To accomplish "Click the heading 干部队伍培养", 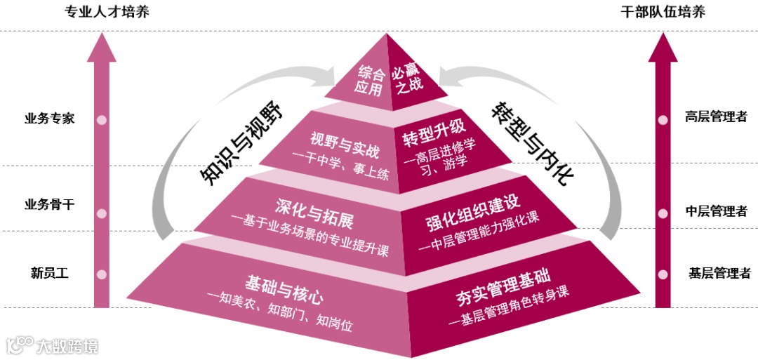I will coord(663,13).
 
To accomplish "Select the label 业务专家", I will coord(49,118).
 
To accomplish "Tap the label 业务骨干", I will coord(49,205).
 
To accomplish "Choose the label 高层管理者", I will coord(716,117).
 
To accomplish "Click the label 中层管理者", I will coord(716,211).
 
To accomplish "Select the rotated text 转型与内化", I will coord(531,143).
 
